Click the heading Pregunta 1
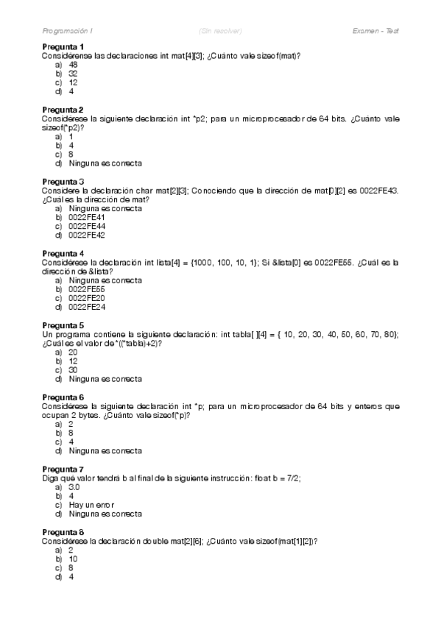coord(63,47)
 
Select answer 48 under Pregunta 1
coord(73,65)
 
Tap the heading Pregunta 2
coord(63,110)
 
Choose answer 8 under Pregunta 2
coord(71,155)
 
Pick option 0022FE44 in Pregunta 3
coord(86,227)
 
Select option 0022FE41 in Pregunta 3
coord(86,217)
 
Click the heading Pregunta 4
coord(63,253)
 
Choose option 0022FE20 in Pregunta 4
coord(86,298)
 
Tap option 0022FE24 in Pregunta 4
coord(86,307)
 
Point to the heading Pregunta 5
coord(63,325)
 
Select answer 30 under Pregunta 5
coord(73,369)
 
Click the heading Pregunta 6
coord(63,397)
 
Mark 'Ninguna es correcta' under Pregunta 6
coord(105,450)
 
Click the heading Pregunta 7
coord(63,469)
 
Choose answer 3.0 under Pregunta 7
coord(74,486)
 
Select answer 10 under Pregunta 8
coord(73,559)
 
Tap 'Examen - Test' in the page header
coord(375,31)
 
